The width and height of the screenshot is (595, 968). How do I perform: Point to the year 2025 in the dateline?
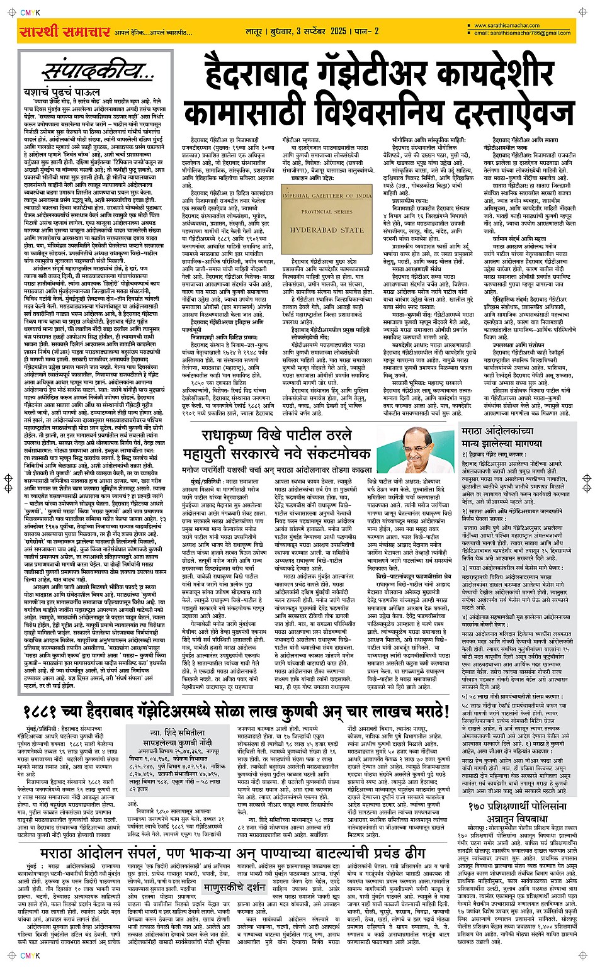(339, 31)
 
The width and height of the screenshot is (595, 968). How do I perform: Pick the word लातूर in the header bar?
(256, 31)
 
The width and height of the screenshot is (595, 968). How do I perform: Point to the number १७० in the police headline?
(482, 806)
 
